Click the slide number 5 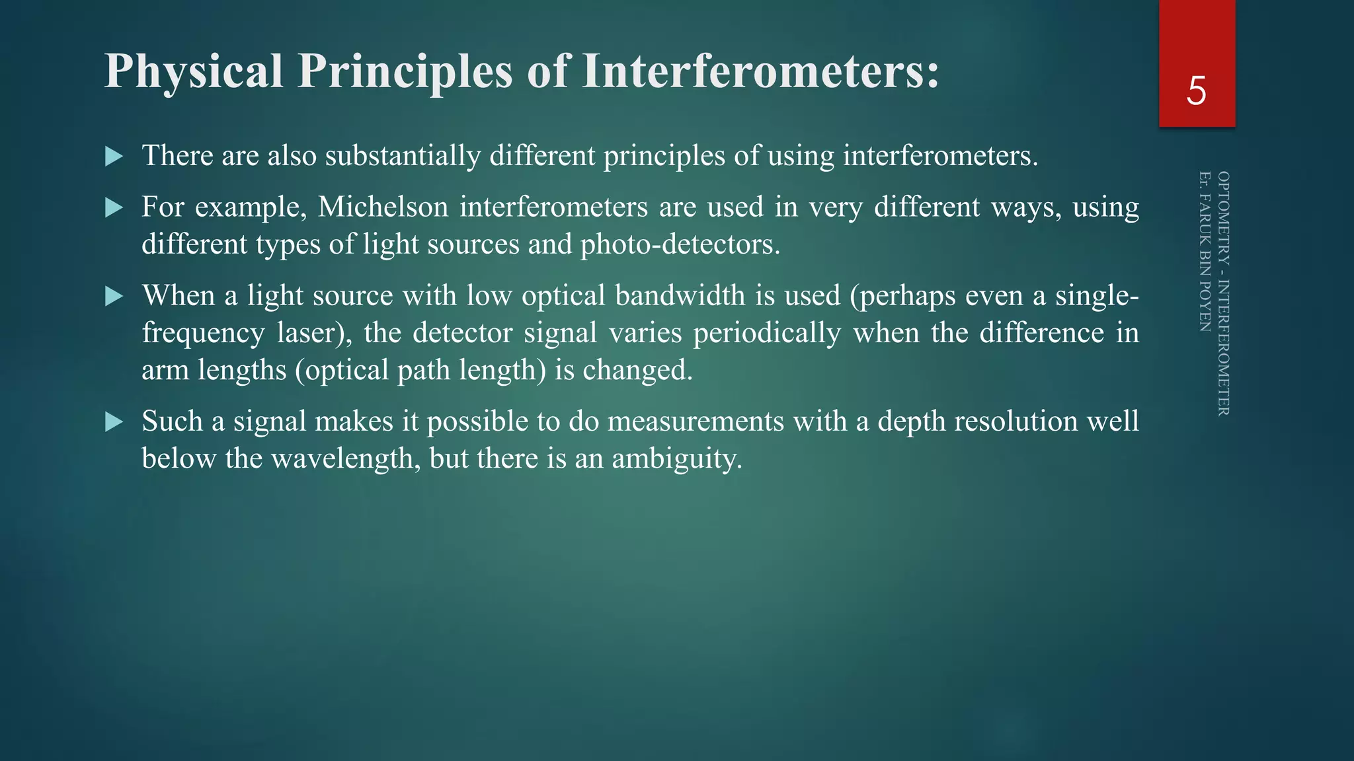[1196, 91]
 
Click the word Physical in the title [194, 71]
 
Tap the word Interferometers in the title [760, 71]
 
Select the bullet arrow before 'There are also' [114, 157]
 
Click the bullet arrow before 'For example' [114, 208]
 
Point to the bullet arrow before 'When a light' [114, 297]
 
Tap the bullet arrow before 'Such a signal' [114, 422]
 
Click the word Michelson [383, 207]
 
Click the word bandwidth [680, 295]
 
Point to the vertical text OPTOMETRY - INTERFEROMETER [1224, 293]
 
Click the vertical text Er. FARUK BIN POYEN [1205, 251]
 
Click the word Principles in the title [405, 71]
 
